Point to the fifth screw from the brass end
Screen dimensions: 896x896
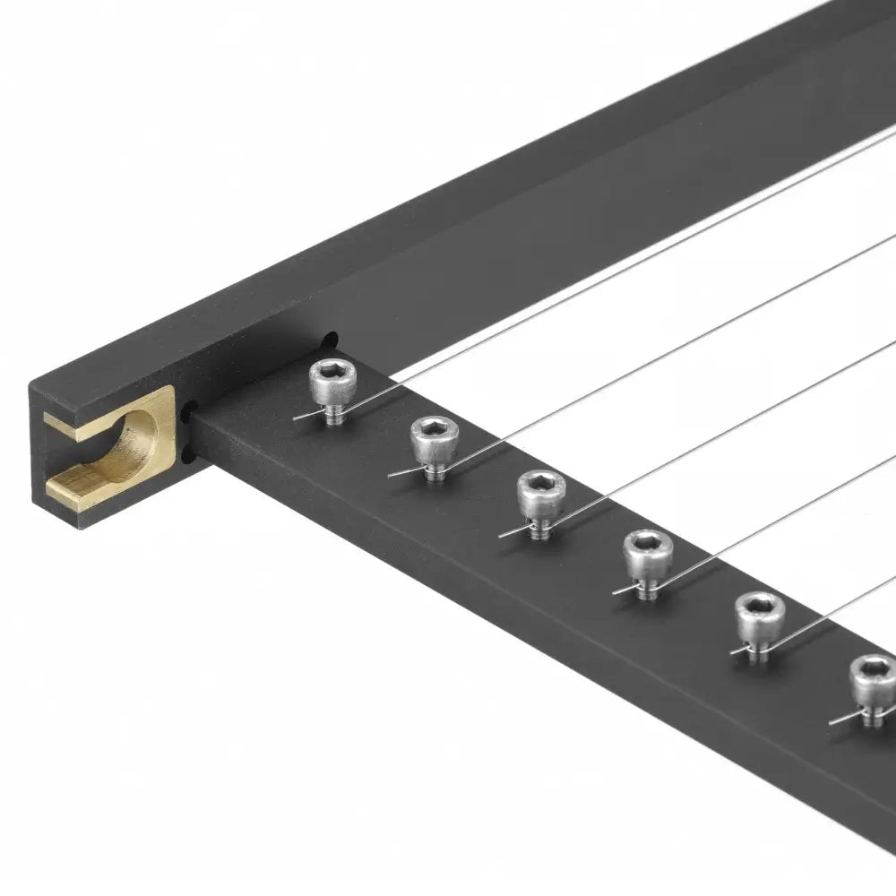tap(759, 620)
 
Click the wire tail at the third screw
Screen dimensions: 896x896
tap(508, 534)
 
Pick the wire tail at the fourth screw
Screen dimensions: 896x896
tap(621, 590)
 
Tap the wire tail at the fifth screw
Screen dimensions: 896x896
tap(738, 650)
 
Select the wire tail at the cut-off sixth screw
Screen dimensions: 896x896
tap(839, 719)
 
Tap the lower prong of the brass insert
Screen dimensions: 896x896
tap(90, 484)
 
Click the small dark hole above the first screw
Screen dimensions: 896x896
tap(330, 340)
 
